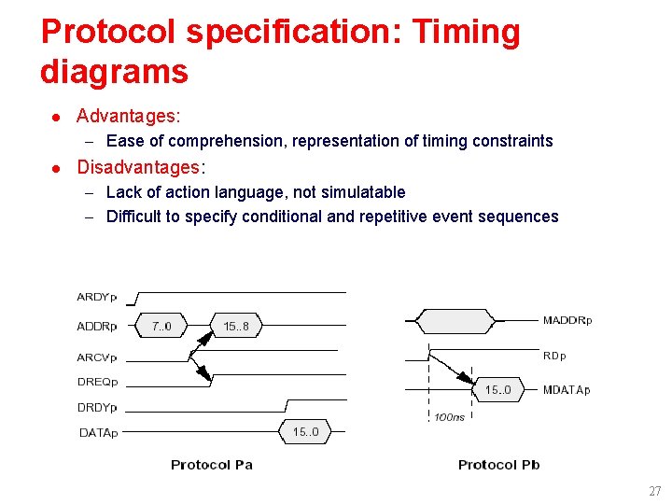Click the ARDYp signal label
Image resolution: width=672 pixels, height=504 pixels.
[97, 298]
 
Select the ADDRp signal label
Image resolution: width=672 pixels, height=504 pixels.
[97, 327]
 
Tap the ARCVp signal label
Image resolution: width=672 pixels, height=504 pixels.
[97, 357]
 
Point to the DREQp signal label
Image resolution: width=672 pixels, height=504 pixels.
[97, 381]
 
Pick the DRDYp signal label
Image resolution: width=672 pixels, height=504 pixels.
[97, 407]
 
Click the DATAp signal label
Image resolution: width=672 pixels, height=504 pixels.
[97, 431]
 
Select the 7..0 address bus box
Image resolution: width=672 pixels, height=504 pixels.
[161, 327]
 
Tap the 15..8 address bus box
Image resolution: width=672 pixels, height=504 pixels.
[236, 327]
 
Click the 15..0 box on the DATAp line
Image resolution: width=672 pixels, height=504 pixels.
[305, 431]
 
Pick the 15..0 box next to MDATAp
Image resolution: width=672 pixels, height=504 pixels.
[497, 390]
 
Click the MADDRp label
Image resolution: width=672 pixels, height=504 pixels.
[567, 321]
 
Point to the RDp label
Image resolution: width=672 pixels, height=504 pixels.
[554, 356]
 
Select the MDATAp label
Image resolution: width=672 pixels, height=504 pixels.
[567, 390]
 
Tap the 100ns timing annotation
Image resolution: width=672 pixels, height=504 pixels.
[449, 417]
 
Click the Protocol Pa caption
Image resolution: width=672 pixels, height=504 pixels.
[212, 465]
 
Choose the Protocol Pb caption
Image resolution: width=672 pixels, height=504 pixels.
[498, 465]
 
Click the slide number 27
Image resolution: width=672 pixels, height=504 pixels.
[654, 491]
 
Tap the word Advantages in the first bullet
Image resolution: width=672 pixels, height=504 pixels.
[127, 116]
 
